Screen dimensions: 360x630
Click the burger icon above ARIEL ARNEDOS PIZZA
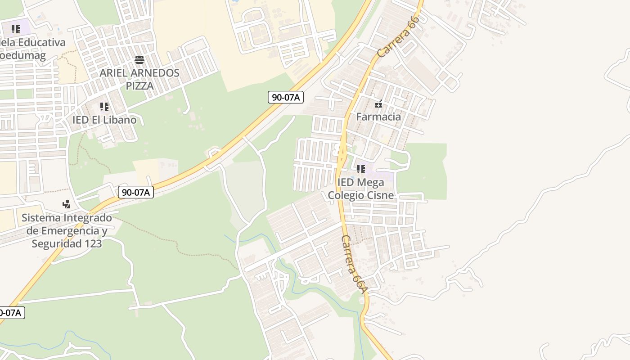[139, 60]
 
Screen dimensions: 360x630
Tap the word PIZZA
[139, 85]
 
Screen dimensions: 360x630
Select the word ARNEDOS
[156, 73]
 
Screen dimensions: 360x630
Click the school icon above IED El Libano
[104, 107]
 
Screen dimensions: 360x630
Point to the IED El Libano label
[104, 120]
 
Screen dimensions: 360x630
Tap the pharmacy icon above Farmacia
[378, 104]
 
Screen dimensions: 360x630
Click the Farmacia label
[378, 117]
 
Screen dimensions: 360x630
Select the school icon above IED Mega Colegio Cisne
[360, 169]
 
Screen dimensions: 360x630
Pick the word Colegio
[346, 195]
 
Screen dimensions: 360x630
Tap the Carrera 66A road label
[355, 265]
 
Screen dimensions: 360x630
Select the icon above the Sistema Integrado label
[66, 204]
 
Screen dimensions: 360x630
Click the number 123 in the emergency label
[93, 243]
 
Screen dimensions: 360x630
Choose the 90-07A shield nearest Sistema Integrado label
[136, 192]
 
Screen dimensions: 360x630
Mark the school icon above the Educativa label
[16, 29]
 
